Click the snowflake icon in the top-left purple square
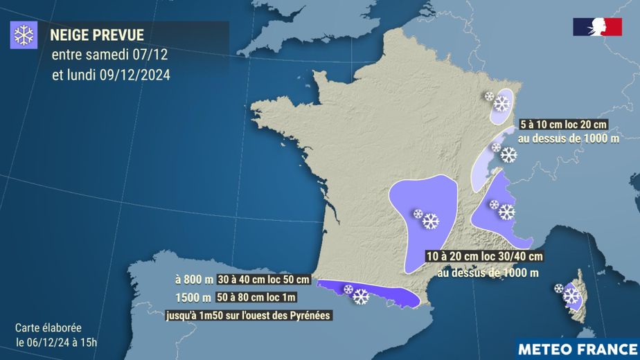(24, 35)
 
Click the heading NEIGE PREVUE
(97, 35)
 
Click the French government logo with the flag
(596, 27)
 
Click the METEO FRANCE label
(576, 347)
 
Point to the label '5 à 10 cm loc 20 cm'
(564, 125)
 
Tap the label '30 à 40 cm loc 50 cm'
(263, 280)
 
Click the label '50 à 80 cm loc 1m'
(256, 298)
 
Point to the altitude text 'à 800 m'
(195, 280)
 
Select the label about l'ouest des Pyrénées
(248, 316)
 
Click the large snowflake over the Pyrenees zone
(360, 296)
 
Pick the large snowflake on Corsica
(571, 296)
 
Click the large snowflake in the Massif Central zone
(431, 221)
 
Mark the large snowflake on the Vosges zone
(501, 105)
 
